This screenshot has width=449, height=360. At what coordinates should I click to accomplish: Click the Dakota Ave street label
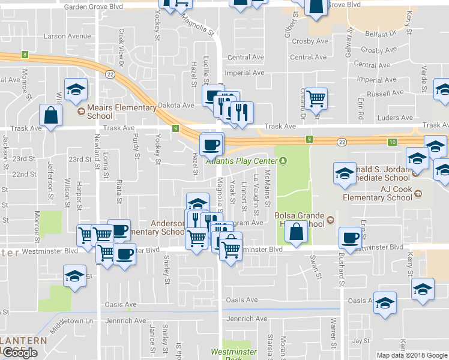point(176,105)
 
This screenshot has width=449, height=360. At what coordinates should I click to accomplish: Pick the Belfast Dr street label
point(384,35)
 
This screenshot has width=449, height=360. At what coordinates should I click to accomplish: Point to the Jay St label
point(360,340)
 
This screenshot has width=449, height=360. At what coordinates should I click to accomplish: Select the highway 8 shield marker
point(25,55)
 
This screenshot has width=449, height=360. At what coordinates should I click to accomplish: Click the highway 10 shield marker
point(392,142)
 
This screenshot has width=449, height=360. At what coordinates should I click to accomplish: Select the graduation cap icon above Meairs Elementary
point(76,89)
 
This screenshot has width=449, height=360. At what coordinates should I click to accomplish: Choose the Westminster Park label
point(234,354)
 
